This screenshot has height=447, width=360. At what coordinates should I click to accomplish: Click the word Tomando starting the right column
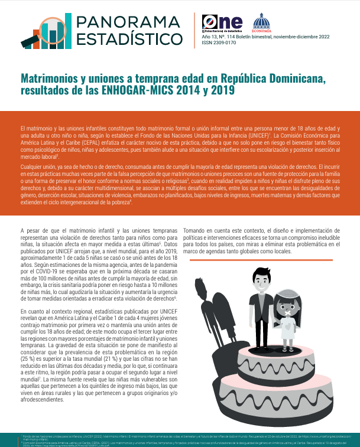click(x=197, y=230)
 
